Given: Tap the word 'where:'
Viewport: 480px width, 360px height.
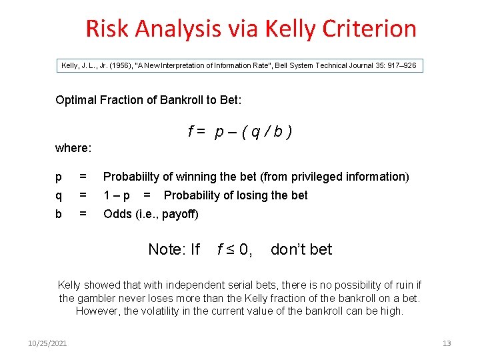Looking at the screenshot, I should (x=73, y=147).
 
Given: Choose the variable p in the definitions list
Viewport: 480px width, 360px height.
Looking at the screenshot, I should (x=59, y=177).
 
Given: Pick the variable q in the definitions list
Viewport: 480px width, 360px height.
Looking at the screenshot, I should (x=59, y=195).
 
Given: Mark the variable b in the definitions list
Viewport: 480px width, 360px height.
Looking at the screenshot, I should (x=59, y=214).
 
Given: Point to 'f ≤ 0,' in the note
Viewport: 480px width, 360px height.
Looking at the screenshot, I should (x=235, y=249).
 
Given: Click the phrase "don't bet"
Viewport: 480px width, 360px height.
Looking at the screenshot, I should (x=301, y=249).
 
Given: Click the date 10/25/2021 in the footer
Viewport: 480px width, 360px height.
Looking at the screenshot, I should (x=47, y=343).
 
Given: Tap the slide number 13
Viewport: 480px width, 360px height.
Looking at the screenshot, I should (x=447, y=343).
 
